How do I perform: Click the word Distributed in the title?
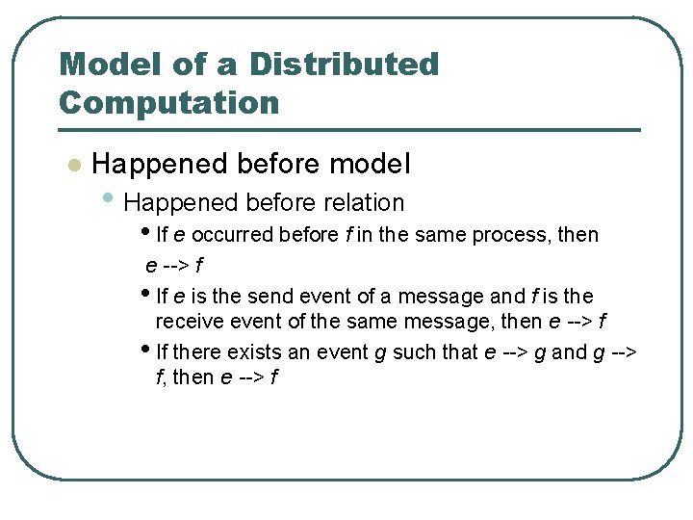pyautogui.click(x=344, y=65)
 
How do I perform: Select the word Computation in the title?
pyautogui.click(x=168, y=102)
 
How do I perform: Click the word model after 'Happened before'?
pyautogui.click(x=370, y=165)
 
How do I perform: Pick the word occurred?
pyautogui.click(x=231, y=235)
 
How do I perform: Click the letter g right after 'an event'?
pyautogui.click(x=380, y=354)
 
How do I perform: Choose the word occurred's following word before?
pyautogui.click(x=305, y=235)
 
